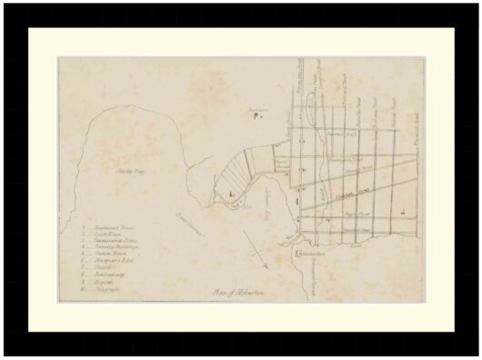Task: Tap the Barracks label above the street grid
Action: point(257,110)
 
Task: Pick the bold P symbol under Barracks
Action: point(256,118)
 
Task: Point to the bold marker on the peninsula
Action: point(231,195)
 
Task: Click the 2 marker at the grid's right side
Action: point(402,211)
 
